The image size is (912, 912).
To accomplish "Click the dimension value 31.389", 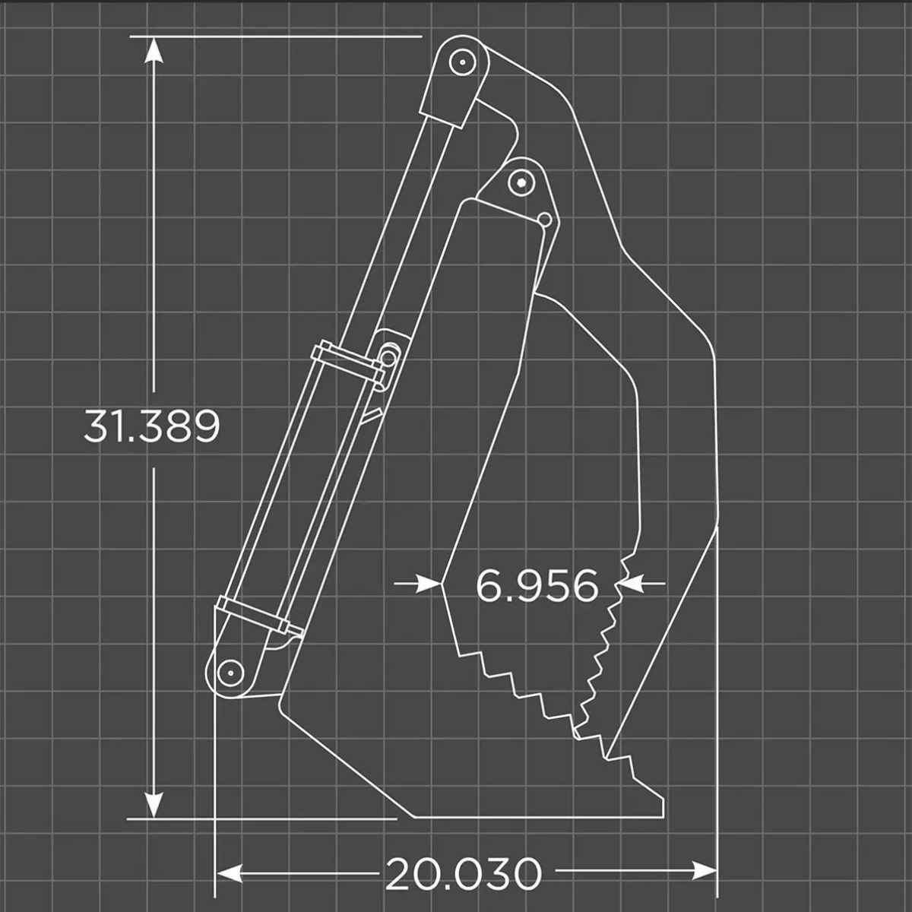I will pos(151,426).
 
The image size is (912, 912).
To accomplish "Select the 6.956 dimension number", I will pos(537,586).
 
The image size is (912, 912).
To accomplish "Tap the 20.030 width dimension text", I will pos(464,874).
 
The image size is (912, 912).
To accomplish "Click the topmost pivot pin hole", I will pos(459,62).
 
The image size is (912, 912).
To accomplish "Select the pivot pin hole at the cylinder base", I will pos(228,672).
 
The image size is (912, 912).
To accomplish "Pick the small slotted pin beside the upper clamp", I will pos(389,356).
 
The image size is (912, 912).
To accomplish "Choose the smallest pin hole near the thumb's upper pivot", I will pos(544,220).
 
